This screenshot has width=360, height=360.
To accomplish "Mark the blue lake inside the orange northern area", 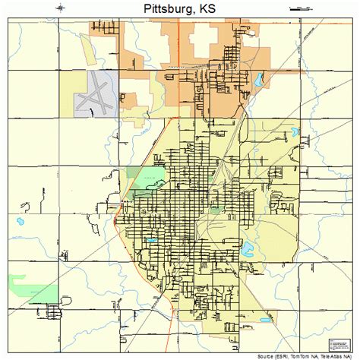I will click(x=259, y=79).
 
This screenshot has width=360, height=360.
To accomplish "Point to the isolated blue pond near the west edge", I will click(x=18, y=223).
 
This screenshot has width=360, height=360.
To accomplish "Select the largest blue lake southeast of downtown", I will click(x=247, y=246).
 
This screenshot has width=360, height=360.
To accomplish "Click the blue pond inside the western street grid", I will click(x=151, y=241).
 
